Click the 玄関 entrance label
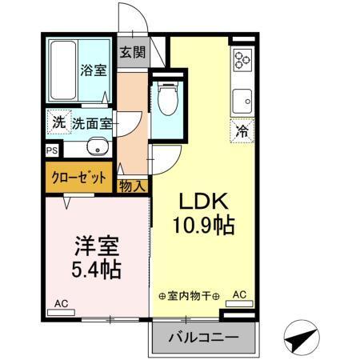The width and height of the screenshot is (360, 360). click(x=133, y=54)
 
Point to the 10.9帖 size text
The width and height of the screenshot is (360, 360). click(x=205, y=226)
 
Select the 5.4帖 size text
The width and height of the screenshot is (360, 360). click(x=94, y=269)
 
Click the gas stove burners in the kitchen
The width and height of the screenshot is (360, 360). click(x=242, y=60)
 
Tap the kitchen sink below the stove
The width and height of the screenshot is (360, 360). click(x=242, y=102)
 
